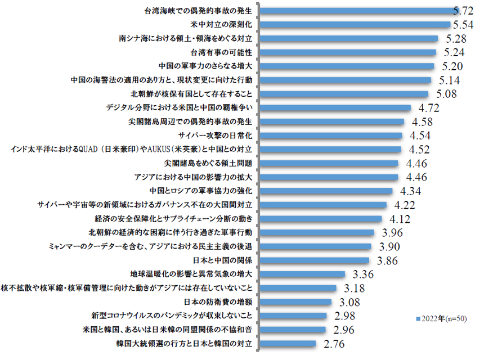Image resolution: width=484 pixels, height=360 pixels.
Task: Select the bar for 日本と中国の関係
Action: point(315,260)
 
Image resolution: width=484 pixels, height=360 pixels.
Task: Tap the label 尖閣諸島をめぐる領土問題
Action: point(212,163)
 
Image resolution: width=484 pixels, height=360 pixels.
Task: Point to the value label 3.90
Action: point(390,246)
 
